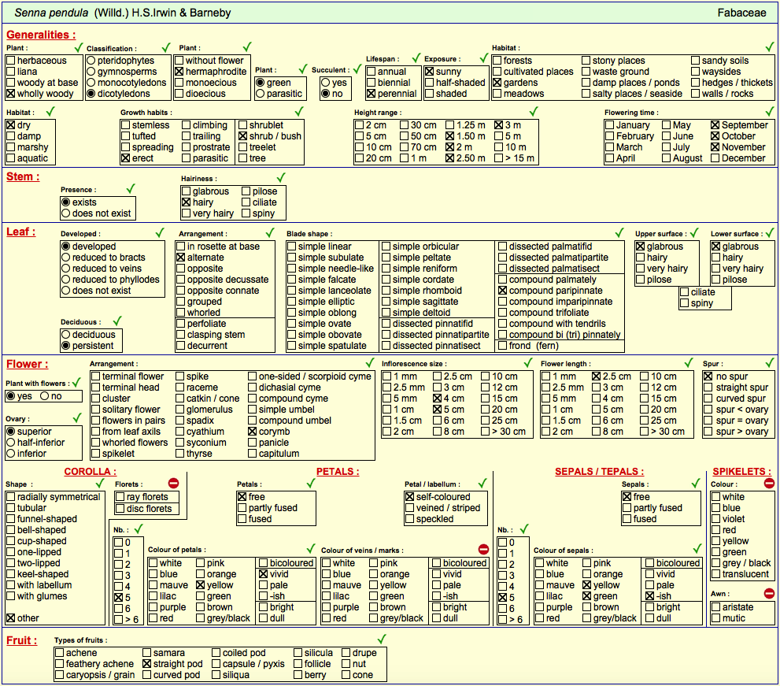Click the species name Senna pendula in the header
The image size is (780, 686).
(x=51, y=13)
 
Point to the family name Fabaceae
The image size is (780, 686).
(x=741, y=13)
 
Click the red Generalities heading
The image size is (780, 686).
(x=41, y=35)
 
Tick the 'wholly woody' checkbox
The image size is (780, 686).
(x=10, y=94)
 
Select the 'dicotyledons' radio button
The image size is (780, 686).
(x=91, y=94)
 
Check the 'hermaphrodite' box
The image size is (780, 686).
(x=179, y=72)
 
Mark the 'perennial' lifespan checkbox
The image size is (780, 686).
(x=371, y=94)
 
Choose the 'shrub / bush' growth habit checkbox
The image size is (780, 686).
(x=242, y=136)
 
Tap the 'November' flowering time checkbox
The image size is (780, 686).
(x=715, y=146)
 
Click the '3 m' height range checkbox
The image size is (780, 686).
(x=498, y=125)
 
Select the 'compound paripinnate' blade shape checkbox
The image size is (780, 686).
(x=502, y=291)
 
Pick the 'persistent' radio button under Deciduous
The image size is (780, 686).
(x=65, y=346)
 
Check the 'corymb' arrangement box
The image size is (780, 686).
(x=252, y=432)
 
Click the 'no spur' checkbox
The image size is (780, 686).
(x=708, y=376)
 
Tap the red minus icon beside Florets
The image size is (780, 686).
(x=173, y=483)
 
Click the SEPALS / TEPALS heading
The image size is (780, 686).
(x=600, y=472)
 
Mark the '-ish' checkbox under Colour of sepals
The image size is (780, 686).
(x=649, y=596)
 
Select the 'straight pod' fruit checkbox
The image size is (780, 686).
(x=146, y=664)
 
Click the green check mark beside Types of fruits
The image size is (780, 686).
(x=382, y=639)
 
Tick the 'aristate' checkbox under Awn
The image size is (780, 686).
(x=715, y=606)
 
